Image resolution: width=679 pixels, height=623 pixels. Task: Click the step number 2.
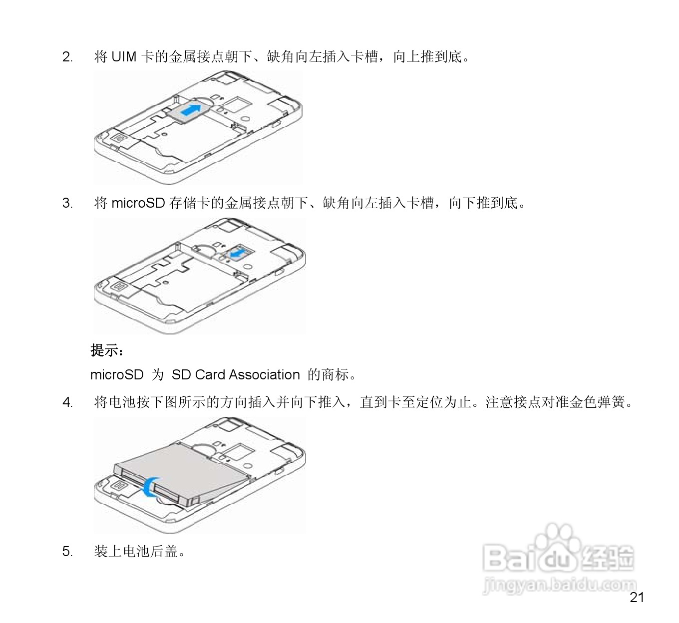(x=67, y=57)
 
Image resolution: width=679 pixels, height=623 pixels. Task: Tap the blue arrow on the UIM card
(x=192, y=109)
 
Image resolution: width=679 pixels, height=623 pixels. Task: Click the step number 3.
(x=67, y=203)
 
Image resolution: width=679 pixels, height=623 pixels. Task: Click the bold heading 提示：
(x=107, y=350)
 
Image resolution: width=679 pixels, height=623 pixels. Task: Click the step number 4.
(x=67, y=402)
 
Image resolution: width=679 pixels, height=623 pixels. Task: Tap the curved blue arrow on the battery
(x=149, y=486)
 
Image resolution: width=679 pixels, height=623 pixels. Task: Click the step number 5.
(x=67, y=551)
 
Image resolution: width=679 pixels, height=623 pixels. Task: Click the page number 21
(x=637, y=598)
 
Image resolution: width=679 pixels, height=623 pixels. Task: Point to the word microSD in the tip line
(x=117, y=374)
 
